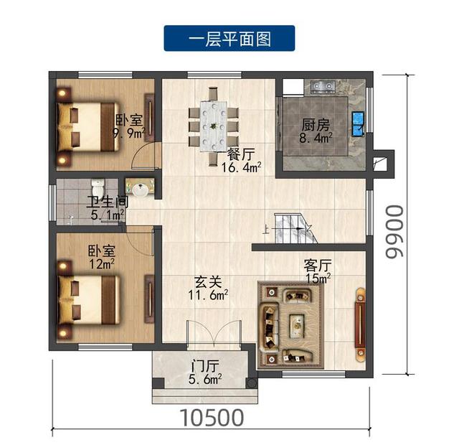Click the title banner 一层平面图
click(x=229, y=38)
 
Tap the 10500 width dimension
click(x=212, y=418)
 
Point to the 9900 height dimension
click(x=394, y=231)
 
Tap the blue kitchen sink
click(x=358, y=123)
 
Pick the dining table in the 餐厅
click(x=214, y=126)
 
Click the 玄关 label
click(x=208, y=282)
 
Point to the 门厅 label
click(x=205, y=366)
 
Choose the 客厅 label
click(x=318, y=266)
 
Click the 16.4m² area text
click(x=241, y=167)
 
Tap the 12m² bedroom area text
click(x=102, y=264)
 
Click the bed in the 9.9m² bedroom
click(x=87, y=126)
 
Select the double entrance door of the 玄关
click(x=214, y=334)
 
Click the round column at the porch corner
click(x=252, y=383)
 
